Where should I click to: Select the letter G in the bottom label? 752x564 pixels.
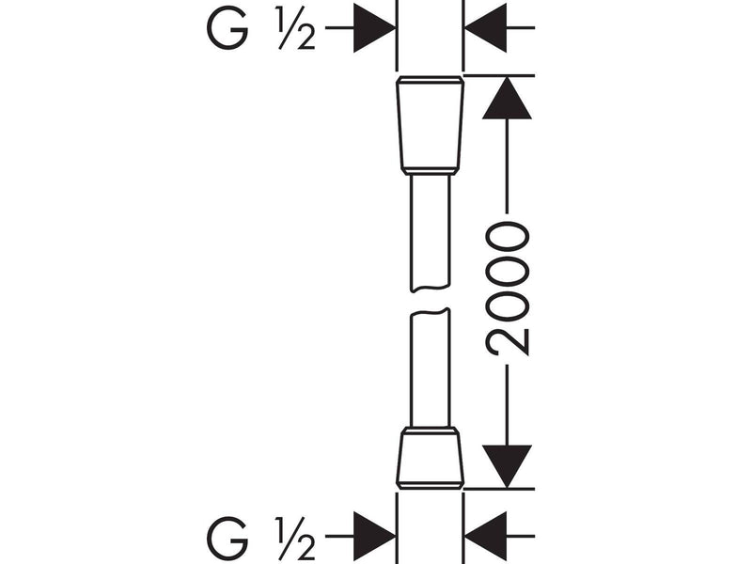pyautogui.click(x=227, y=537)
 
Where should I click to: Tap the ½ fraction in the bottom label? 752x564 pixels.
pyautogui.click(x=296, y=538)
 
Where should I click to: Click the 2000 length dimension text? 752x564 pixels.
pyautogui.click(x=507, y=289)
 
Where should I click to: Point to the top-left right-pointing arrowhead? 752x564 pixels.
pyautogui.click(x=374, y=28)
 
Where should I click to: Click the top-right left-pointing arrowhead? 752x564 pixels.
pyautogui.click(x=486, y=28)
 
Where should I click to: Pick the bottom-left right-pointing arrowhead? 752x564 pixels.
pyautogui.click(x=374, y=536)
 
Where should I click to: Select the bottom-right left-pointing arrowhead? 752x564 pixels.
pyautogui.click(x=486, y=536)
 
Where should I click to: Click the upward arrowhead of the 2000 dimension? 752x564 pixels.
pyautogui.click(x=507, y=98)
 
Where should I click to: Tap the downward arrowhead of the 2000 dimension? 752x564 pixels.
pyautogui.click(x=507, y=466)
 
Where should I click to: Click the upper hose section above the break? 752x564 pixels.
pyautogui.click(x=431, y=233)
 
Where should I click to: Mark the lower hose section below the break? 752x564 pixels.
pyautogui.click(x=431, y=368)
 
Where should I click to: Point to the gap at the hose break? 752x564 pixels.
pyautogui.click(x=431, y=301)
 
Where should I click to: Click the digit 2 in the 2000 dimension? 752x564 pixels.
pyautogui.click(x=507, y=342)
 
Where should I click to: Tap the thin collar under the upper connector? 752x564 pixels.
pyautogui.click(x=431, y=171)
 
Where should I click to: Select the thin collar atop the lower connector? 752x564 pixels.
pyautogui.click(x=431, y=430)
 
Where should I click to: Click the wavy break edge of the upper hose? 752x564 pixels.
pyautogui.click(x=431, y=290)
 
